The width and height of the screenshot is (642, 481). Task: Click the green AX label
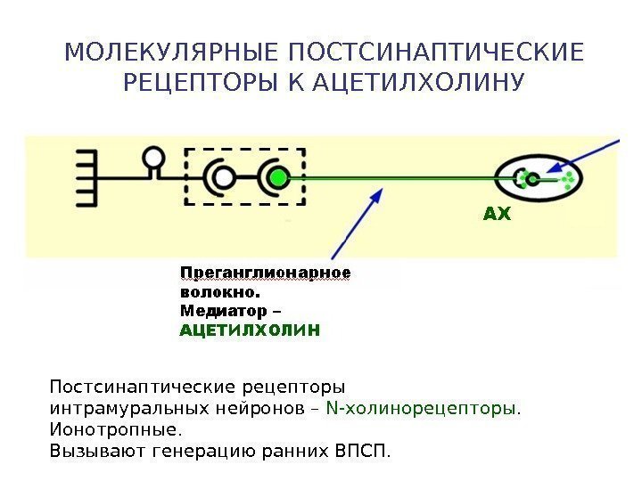(x=497, y=215)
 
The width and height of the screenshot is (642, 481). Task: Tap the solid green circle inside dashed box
(x=280, y=177)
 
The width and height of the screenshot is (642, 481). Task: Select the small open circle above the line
(x=154, y=159)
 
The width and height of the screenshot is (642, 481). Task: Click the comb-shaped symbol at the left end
(x=86, y=178)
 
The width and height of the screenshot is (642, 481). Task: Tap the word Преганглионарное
(x=266, y=272)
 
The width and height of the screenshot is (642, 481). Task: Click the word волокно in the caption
(x=218, y=291)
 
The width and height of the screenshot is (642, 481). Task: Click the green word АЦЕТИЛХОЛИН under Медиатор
(x=249, y=330)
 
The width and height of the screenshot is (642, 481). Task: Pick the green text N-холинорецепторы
(x=424, y=409)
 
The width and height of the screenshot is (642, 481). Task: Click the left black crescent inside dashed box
(x=219, y=177)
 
